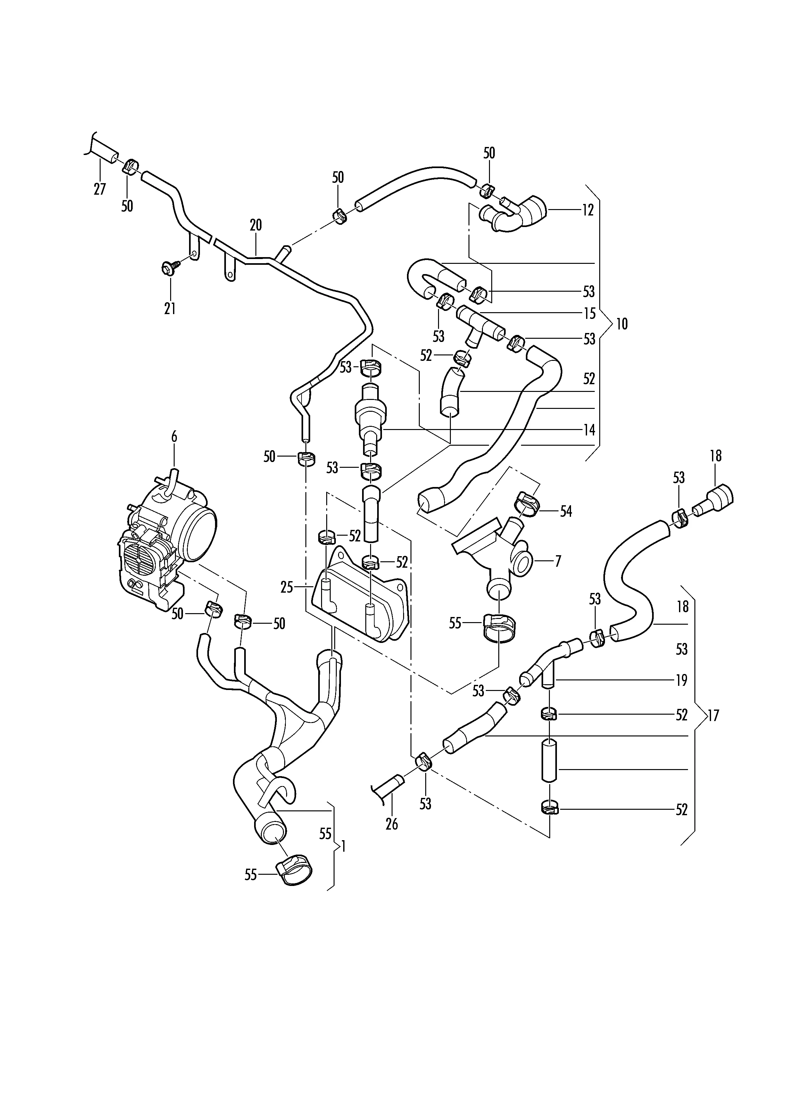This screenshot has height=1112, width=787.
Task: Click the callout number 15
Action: pos(589,313)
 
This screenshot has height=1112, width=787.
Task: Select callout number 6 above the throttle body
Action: pos(174,436)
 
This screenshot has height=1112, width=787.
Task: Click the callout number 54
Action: pos(566,511)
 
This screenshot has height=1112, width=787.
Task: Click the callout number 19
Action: pos(681,680)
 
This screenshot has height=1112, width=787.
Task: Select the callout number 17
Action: pos(713,715)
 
